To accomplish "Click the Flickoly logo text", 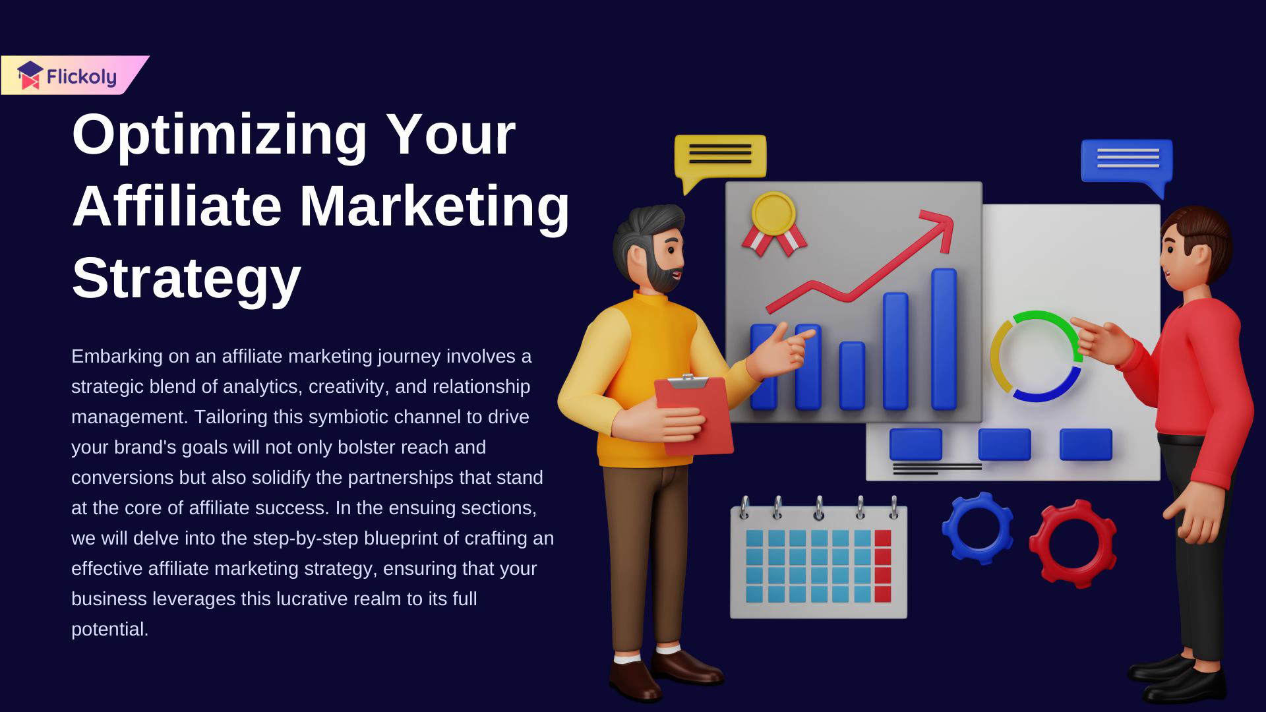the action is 81,77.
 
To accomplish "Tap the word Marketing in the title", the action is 435,206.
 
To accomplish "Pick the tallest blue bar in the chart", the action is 944,339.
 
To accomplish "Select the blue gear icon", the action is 978,528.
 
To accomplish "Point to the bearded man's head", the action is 649,249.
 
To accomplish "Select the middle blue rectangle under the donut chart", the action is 1004,444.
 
